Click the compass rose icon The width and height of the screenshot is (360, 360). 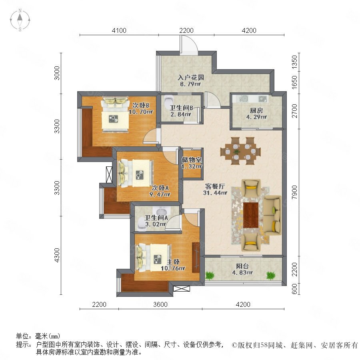(20, 20)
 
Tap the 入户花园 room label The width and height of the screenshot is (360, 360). (190, 77)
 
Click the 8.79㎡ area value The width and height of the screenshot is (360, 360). (190, 84)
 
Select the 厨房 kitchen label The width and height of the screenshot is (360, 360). (256, 111)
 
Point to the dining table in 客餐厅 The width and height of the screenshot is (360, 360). (240, 151)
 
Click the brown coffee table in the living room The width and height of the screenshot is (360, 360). (251, 215)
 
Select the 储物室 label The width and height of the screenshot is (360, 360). (192, 160)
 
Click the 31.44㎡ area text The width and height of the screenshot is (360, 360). (215, 193)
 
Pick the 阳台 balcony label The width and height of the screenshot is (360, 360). (242, 266)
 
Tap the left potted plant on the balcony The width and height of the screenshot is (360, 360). (210, 275)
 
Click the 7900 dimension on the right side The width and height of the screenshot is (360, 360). (294, 192)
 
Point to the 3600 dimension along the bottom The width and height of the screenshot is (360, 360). (160, 304)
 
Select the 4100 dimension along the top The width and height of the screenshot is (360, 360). (119, 30)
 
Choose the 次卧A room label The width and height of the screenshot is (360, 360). (160, 188)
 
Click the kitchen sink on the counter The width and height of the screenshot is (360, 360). (243, 99)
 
